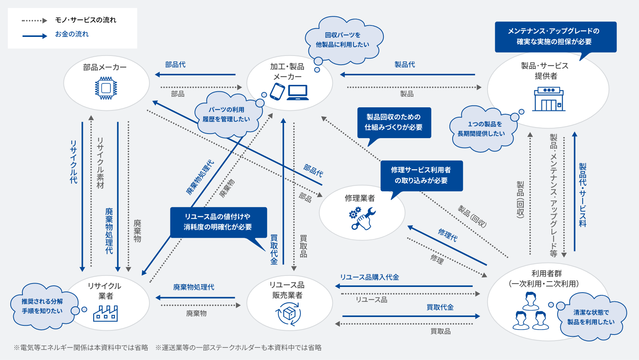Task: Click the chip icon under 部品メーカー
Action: (106, 88)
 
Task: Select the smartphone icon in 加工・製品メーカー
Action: (277, 92)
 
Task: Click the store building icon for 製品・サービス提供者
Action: (548, 99)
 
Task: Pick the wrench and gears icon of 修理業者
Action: (362, 218)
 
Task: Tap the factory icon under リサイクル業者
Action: (105, 314)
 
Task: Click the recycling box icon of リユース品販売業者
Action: (289, 314)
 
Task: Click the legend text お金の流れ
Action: (72, 34)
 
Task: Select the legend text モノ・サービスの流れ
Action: (86, 20)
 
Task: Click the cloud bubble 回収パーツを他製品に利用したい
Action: (342, 40)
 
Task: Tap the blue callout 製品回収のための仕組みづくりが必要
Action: (394, 122)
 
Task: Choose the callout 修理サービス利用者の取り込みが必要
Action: (421, 175)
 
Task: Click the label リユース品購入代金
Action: (369, 277)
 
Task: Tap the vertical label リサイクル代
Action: (73, 162)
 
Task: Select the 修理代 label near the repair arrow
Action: (448, 235)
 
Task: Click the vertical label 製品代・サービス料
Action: (582, 195)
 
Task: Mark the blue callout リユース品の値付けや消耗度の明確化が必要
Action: (218, 222)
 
